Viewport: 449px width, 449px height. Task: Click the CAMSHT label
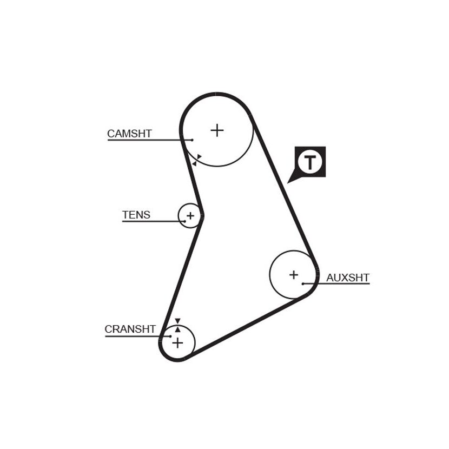pos(129,134)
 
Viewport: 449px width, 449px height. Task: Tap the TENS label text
pos(136,215)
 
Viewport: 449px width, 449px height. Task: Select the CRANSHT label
pos(130,329)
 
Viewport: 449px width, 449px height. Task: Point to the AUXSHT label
pos(348,278)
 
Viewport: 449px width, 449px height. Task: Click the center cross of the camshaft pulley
pos(217,130)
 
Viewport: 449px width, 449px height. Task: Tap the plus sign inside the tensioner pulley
pos(190,216)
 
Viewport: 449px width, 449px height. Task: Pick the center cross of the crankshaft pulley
pos(177,343)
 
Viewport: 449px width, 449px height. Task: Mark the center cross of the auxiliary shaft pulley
pos(294,275)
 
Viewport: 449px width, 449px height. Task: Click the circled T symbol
pos(309,162)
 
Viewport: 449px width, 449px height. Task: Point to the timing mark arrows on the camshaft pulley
pos(197,160)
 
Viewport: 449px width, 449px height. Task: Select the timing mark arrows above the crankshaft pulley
pos(177,325)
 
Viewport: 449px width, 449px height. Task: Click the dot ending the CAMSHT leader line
pos(192,140)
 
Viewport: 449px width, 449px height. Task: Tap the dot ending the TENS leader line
pos(185,221)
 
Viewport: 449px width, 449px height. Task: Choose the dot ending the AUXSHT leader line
pos(303,284)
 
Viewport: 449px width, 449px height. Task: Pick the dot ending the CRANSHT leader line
pos(170,336)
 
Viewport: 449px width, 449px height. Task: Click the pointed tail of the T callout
pos(287,183)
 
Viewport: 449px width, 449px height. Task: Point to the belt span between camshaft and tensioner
pos(193,177)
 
